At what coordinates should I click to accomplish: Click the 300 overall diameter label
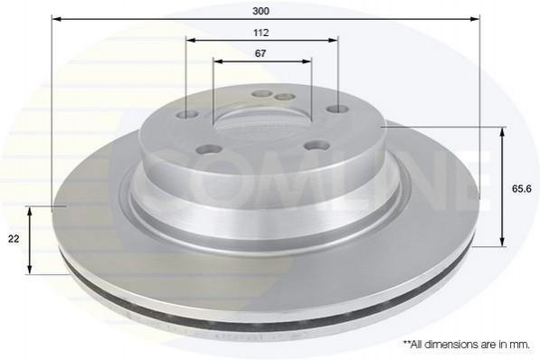261,11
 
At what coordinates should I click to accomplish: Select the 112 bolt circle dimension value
261,33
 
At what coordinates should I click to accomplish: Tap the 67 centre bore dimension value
261,53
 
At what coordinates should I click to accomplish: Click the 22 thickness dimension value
14,239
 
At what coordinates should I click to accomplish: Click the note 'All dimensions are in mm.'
467,346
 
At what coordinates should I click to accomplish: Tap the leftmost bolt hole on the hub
189,115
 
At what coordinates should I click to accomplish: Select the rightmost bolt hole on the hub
336,109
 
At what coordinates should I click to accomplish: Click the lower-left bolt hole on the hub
209,149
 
